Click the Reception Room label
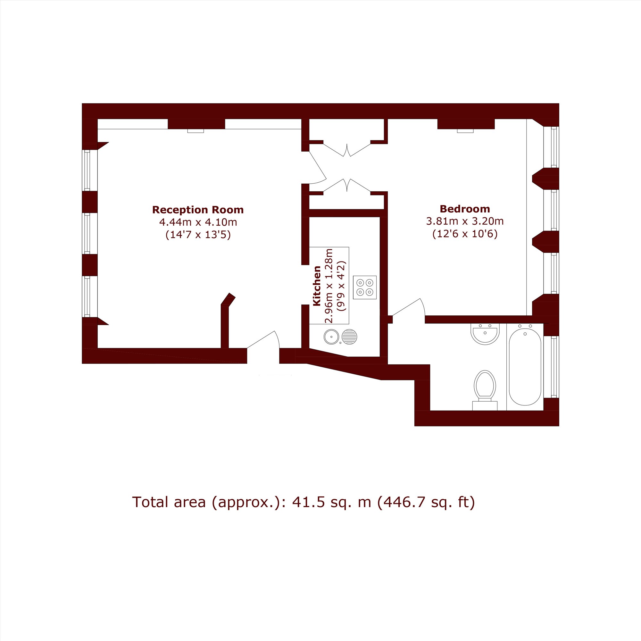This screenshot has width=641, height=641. click(x=198, y=210)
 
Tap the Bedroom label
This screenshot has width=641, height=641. click(x=464, y=209)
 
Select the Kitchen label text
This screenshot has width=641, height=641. click(x=317, y=286)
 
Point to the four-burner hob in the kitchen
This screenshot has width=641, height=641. click(x=365, y=287)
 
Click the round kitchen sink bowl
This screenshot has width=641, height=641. click(x=331, y=337)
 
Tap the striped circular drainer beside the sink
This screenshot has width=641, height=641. click(x=349, y=337)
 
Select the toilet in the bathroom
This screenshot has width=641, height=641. click(x=485, y=390)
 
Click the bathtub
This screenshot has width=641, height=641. click(x=525, y=367)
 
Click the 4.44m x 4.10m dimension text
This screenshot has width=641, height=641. click(x=198, y=222)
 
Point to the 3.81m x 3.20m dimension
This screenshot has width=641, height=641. click(x=465, y=221)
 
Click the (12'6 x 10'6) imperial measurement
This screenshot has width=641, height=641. click(x=465, y=234)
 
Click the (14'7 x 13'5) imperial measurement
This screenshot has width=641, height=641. click(x=198, y=235)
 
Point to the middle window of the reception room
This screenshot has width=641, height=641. click(x=87, y=233)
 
